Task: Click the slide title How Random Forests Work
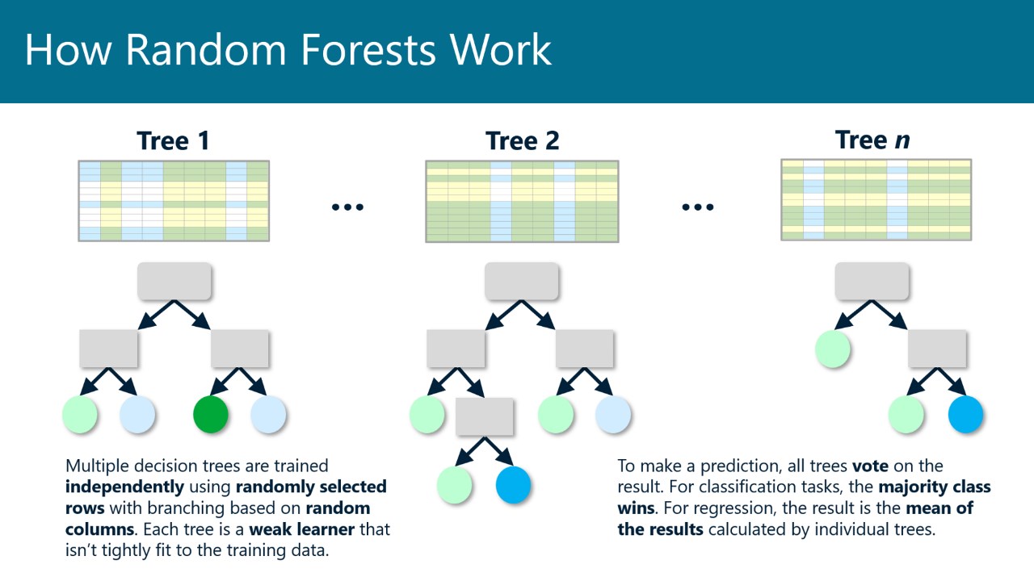[288, 50]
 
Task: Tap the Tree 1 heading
[174, 141]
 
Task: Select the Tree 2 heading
[522, 141]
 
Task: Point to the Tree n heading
[872, 140]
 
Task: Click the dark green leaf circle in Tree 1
[211, 414]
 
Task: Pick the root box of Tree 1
[174, 281]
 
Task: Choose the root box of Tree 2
[522, 281]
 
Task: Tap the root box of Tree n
[872, 281]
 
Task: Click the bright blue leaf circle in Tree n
[965, 414]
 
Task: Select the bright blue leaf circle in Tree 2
[513, 485]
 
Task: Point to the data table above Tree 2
[522, 201]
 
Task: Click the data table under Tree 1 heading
[174, 200]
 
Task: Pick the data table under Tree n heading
[876, 199]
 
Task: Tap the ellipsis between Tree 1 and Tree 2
[347, 207]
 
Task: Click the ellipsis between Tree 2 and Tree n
[697, 207]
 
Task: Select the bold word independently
[125, 487]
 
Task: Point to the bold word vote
[869, 466]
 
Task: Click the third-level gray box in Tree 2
[485, 416]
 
